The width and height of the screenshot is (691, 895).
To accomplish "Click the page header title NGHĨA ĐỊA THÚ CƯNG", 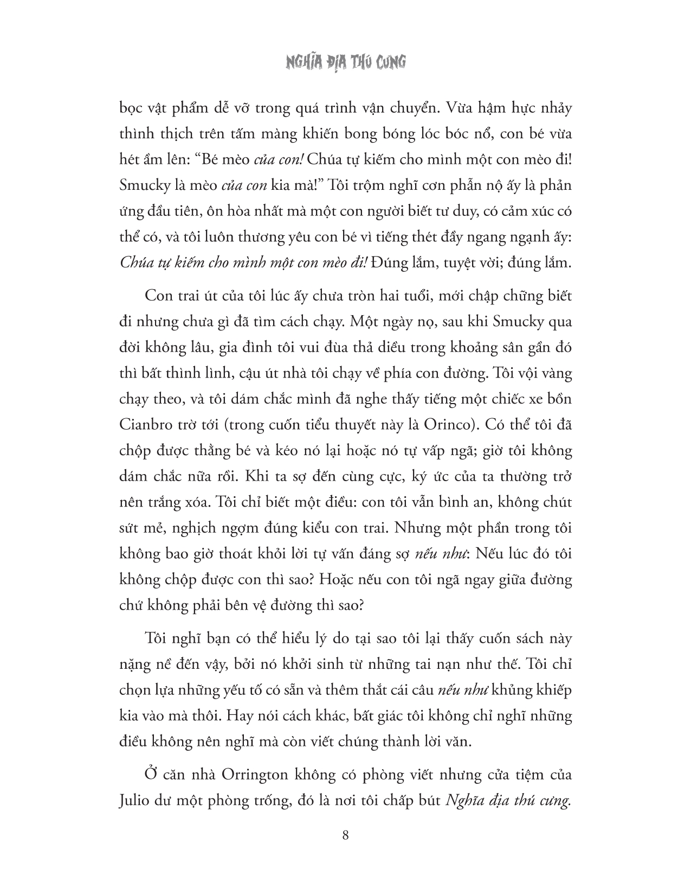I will pyautogui.click(x=345, y=63).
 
